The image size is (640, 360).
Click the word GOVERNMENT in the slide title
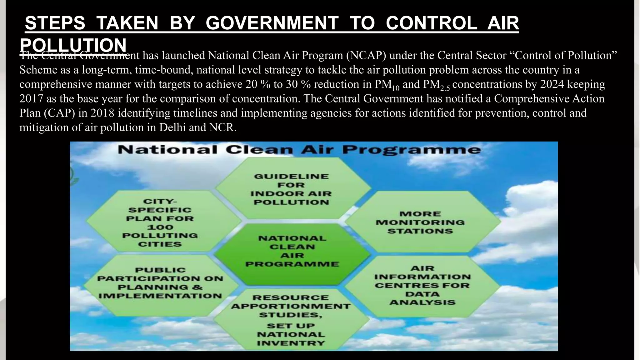point(272,23)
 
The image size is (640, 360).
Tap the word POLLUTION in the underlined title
point(73,45)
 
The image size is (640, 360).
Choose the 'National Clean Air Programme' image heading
point(299,150)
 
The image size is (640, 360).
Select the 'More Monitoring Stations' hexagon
point(420,222)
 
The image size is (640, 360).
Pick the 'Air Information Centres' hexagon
point(422,285)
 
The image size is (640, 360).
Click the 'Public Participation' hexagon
point(160,283)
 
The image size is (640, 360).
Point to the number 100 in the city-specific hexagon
point(160,227)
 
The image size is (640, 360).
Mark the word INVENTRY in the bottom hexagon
point(291,343)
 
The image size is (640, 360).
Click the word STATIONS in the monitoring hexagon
point(420,231)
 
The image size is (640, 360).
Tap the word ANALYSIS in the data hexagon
point(422,302)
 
